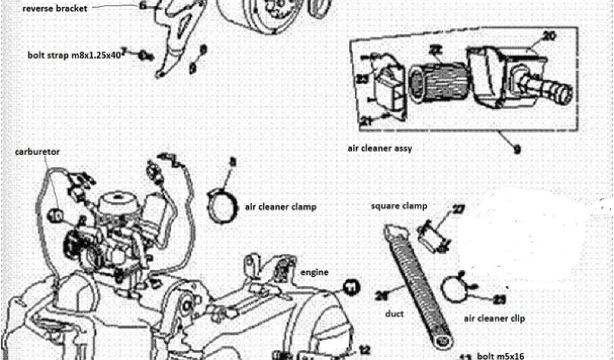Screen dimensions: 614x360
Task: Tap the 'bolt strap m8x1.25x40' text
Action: point(74,53)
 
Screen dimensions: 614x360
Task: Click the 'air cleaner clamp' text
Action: point(280,206)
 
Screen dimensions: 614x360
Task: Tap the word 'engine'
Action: point(314,272)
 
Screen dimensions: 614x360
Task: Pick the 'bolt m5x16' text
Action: point(499,355)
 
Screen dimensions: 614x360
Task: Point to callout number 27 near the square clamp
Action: point(459,209)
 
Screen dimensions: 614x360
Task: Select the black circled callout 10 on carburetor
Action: point(56,214)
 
